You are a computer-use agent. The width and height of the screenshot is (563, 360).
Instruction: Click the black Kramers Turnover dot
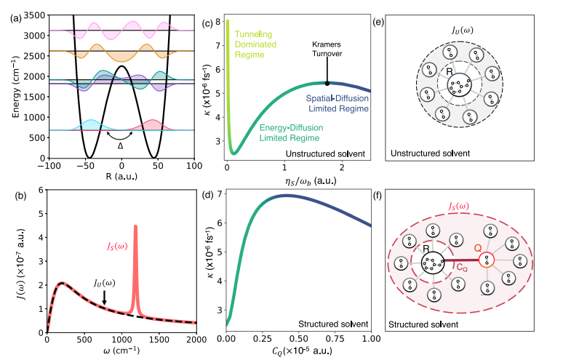point(327,83)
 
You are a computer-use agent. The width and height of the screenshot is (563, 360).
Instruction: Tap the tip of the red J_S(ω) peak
point(135,226)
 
